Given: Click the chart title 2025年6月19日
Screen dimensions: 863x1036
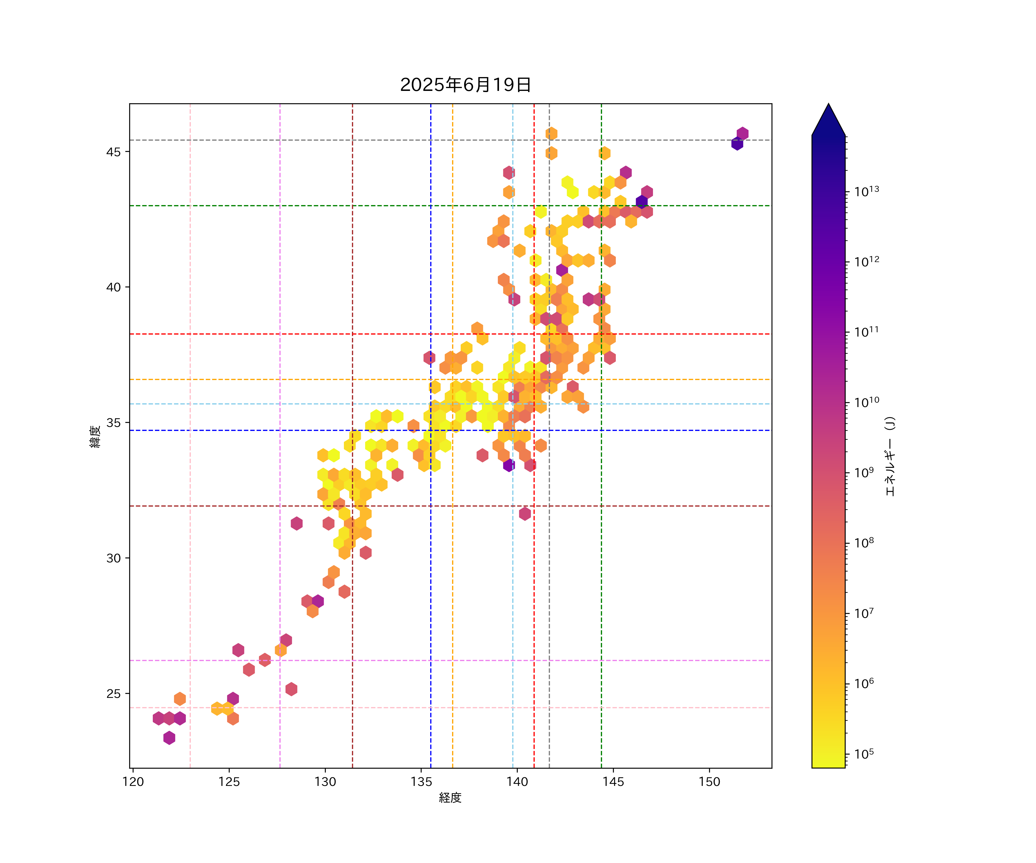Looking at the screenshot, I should (465, 85).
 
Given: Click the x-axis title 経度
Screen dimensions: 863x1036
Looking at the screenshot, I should (450, 798).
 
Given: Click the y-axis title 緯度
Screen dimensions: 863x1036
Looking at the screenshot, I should (95, 436).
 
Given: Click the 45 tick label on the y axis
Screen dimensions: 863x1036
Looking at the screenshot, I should (113, 152).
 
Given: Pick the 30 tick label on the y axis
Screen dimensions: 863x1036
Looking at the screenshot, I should (113, 558).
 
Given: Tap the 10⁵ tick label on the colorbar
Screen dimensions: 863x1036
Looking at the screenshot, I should (864, 754).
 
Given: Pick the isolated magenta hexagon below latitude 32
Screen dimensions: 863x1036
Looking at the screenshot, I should (525, 513).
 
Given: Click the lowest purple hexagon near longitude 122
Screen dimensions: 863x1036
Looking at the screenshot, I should (169, 738).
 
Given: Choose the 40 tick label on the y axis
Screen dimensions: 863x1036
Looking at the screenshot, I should (113, 287).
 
